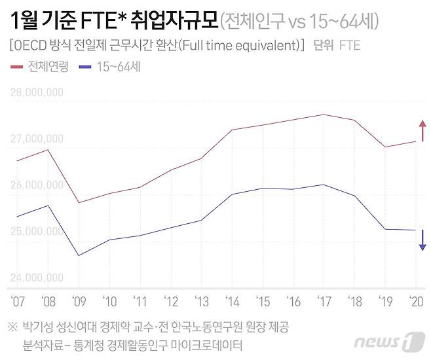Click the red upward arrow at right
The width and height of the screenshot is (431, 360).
(422, 130)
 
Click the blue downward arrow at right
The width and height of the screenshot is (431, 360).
(422, 240)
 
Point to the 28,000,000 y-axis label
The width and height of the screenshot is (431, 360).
(37, 92)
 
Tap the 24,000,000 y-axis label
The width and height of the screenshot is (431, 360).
(37, 278)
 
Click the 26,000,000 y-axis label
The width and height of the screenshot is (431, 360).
(37, 185)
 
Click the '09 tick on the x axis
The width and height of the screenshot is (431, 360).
(79, 302)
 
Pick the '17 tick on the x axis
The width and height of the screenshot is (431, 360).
(323, 302)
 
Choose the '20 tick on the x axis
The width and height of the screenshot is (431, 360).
(415, 302)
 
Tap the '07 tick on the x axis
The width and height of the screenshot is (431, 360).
(17, 302)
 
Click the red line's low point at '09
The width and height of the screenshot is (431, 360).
(79, 202)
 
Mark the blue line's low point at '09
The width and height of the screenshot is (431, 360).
(79, 255)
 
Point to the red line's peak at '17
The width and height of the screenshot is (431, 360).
(323, 115)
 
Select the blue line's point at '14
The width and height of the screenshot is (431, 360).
(231, 194)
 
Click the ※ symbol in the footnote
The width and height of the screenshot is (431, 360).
(12, 326)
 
